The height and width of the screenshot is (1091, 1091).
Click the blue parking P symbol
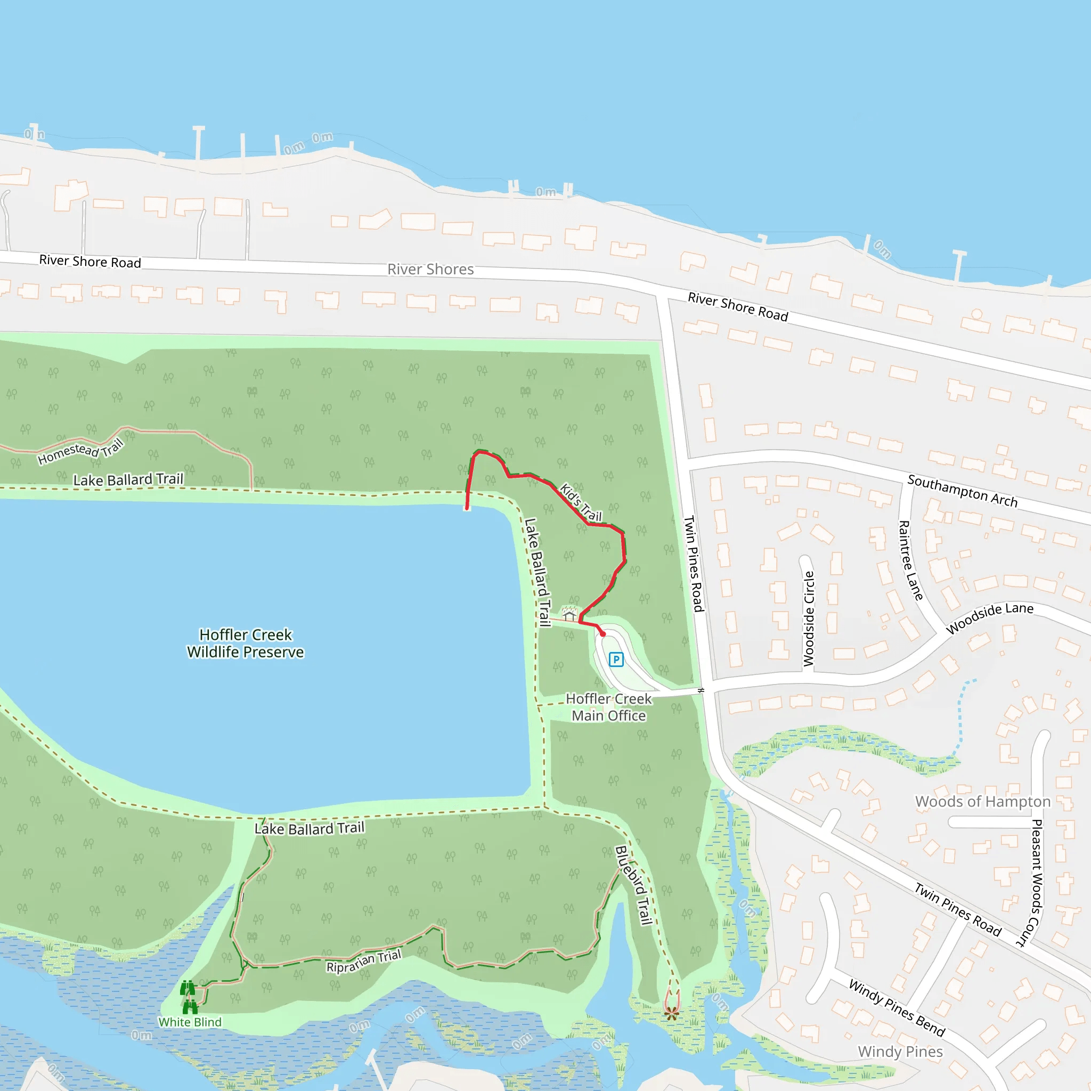(616, 659)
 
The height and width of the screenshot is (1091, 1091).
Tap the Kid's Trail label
(581, 502)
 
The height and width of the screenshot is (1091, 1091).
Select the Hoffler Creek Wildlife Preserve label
(246, 643)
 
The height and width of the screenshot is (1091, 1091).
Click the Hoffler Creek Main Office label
(609, 707)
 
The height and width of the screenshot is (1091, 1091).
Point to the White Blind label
(190, 1022)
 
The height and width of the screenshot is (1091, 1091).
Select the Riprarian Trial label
(364, 961)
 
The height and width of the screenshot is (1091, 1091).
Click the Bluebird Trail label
(633, 884)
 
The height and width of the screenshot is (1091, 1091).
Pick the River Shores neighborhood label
(430, 270)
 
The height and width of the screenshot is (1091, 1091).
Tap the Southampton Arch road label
(962, 491)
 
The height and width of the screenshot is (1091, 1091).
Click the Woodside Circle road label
(809, 618)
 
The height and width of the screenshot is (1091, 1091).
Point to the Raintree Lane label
(910, 560)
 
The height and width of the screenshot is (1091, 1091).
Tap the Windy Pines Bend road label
(897, 1008)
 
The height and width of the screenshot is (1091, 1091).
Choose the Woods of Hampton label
(982, 801)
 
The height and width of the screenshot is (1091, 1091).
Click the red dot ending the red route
(603, 634)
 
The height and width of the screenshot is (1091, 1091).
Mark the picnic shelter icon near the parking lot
(569, 613)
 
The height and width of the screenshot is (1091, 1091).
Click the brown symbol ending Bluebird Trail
(671, 1013)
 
